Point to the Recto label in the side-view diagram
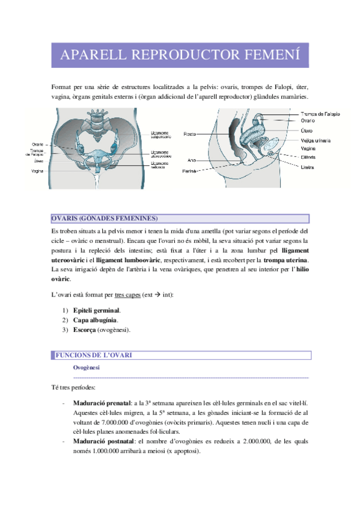191,134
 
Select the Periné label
190,171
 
